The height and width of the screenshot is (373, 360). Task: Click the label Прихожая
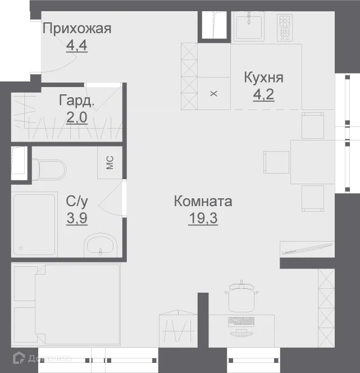pyautogui.click(x=77, y=28)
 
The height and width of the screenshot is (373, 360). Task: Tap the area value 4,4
pyautogui.click(x=76, y=46)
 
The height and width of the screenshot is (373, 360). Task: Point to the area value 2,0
pyautogui.click(x=76, y=119)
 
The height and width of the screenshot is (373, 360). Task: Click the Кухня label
pyautogui.click(x=263, y=78)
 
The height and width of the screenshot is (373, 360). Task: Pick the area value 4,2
pyautogui.click(x=263, y=94)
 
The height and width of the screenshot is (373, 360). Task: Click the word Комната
pyautogui.click(x=203, y=201)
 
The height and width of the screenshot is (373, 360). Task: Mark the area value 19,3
pyautogui.click(x=203, y=218)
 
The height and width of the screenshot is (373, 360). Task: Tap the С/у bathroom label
pyautogui.click(x=76, y=201)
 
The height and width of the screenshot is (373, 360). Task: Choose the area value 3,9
pyautogui.click(x=76, y=218)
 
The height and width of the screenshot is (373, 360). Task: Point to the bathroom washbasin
pyautogui.click(x=100, y=245)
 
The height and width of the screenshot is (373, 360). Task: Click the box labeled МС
pyautogui.click(x=110, y=163)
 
